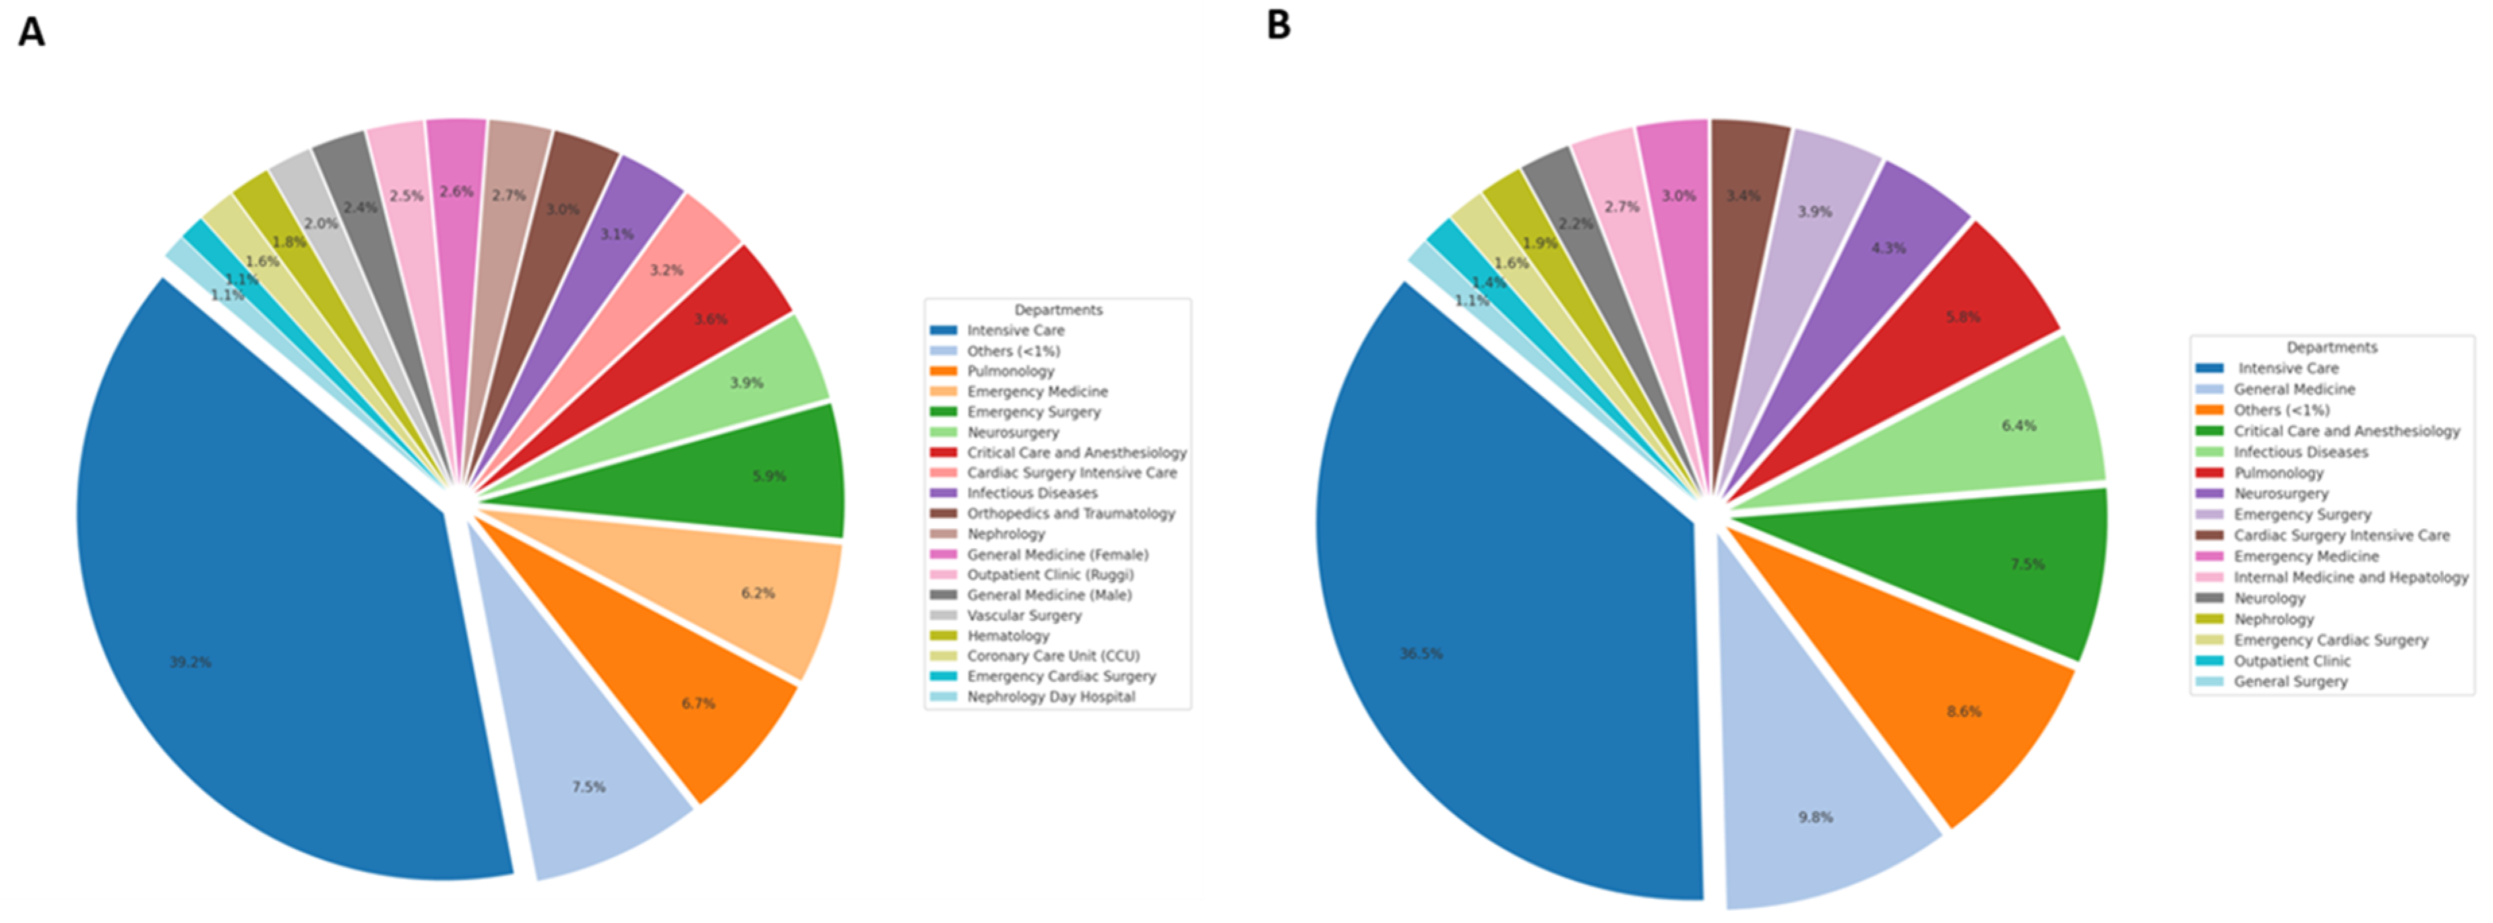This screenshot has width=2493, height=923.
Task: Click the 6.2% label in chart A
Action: (x=758, y=593)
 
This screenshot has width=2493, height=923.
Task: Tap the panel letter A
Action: (x=31, y=32)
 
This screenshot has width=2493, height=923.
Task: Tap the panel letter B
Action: (x=1278, y=25)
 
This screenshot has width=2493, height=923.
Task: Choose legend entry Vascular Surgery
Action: (x=1024, y=615)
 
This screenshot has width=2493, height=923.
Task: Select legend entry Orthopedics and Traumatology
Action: (x=1071, y=514)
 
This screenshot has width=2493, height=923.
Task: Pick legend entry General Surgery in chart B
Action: (x=2290, y=682)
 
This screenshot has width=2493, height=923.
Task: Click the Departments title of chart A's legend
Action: (x=1058, y=310)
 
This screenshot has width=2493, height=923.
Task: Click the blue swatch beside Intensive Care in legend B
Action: (x=2209, y=369)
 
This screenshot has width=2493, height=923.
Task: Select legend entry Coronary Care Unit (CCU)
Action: (x=1053, y=656)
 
